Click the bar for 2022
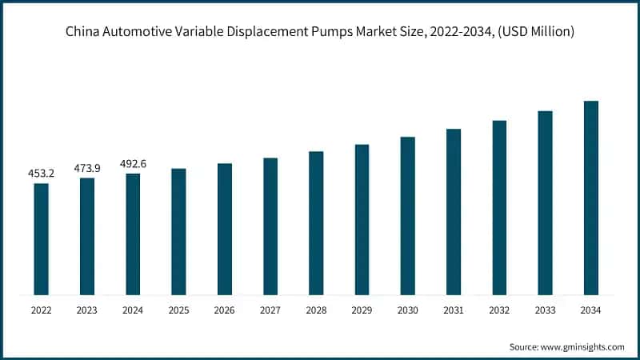pyautogui.click(x=41, y=238)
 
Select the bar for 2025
pyautogui.click(x=178, y=231)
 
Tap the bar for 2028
pyautogui.click(x=316, y=222)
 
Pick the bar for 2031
pyautogui.click(x=454, y=211)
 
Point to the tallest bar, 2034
pyautogui.click(x=591, y=198)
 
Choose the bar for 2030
pyautogui.click(x=408, y=215)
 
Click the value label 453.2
pyautogui.click(x=41, y=173)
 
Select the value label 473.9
pyautogui.click(x=86, y=167)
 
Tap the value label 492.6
pyautogui.click(x=133, y=163)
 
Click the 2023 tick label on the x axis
pyautogui.click(x=86, y=309)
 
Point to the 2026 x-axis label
pyautogui.click(x=224, y=309)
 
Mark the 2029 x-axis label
pyautogui.click(x=362, y=309)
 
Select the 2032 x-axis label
pyautogui.click(x=499, y=309)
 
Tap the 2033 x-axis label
pyautogui.click(x=546, y=309)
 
